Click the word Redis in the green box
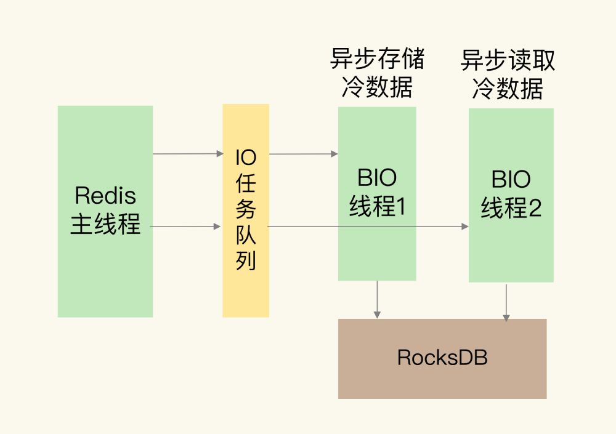pos(105,196)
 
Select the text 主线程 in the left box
pos(105,224)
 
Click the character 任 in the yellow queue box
pos(246,184)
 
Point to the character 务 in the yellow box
pos(246,210)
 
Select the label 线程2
pos(511,208)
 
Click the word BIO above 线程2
pos(511,180)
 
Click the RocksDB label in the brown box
pos(442,358)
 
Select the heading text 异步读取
pos(508,61)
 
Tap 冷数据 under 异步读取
pos(508,89)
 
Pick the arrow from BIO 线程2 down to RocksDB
pos(506,302)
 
